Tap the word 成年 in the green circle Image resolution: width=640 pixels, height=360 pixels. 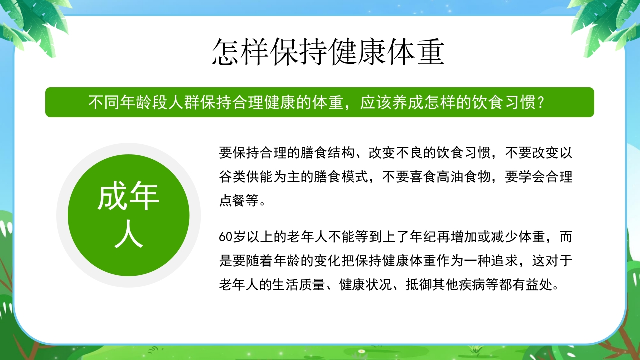tap(128, 197)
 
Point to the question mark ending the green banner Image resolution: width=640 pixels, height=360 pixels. tap(539, 103)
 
